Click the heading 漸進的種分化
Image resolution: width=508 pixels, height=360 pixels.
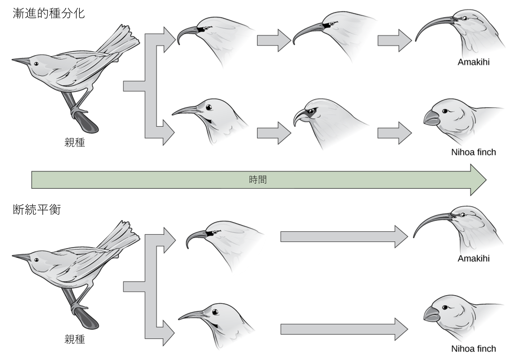49,13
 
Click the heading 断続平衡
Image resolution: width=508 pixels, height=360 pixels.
37,210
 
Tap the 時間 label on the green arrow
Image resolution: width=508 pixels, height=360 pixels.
258,180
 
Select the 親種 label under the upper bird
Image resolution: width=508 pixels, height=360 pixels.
75,142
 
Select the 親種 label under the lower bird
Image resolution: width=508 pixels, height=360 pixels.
75,339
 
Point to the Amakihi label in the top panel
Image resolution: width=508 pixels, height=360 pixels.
473,62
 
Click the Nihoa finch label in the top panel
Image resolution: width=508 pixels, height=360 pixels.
473,152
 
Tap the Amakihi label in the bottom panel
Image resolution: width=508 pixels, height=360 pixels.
473,259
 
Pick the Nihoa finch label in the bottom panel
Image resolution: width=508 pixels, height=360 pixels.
473,348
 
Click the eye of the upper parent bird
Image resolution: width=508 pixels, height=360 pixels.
36,64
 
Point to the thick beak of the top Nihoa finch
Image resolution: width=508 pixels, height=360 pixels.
431,118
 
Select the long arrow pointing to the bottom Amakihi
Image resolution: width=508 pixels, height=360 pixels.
344,236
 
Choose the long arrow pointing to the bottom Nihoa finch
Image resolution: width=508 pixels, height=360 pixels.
344,329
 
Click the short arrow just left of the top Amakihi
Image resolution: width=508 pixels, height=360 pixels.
394,41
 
